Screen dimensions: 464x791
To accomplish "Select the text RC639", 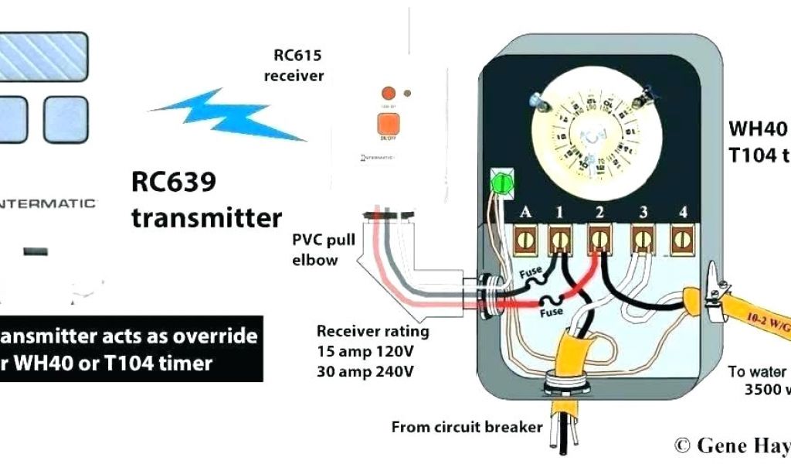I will click(x=173, y=185).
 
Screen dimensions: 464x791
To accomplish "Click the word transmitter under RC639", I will click(x=206, y=217).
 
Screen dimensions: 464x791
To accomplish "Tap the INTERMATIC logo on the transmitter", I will click(x=48, y=203).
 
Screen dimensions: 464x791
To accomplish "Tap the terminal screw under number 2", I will click(x=599, y=241).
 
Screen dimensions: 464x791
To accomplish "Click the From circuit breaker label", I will click(x=467, y=427).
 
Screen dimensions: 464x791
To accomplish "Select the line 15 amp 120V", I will click(x=365, y=351).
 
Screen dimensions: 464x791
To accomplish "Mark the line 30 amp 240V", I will click(x=365, y=371).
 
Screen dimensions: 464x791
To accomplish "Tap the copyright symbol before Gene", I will click(x=681, y=445).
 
